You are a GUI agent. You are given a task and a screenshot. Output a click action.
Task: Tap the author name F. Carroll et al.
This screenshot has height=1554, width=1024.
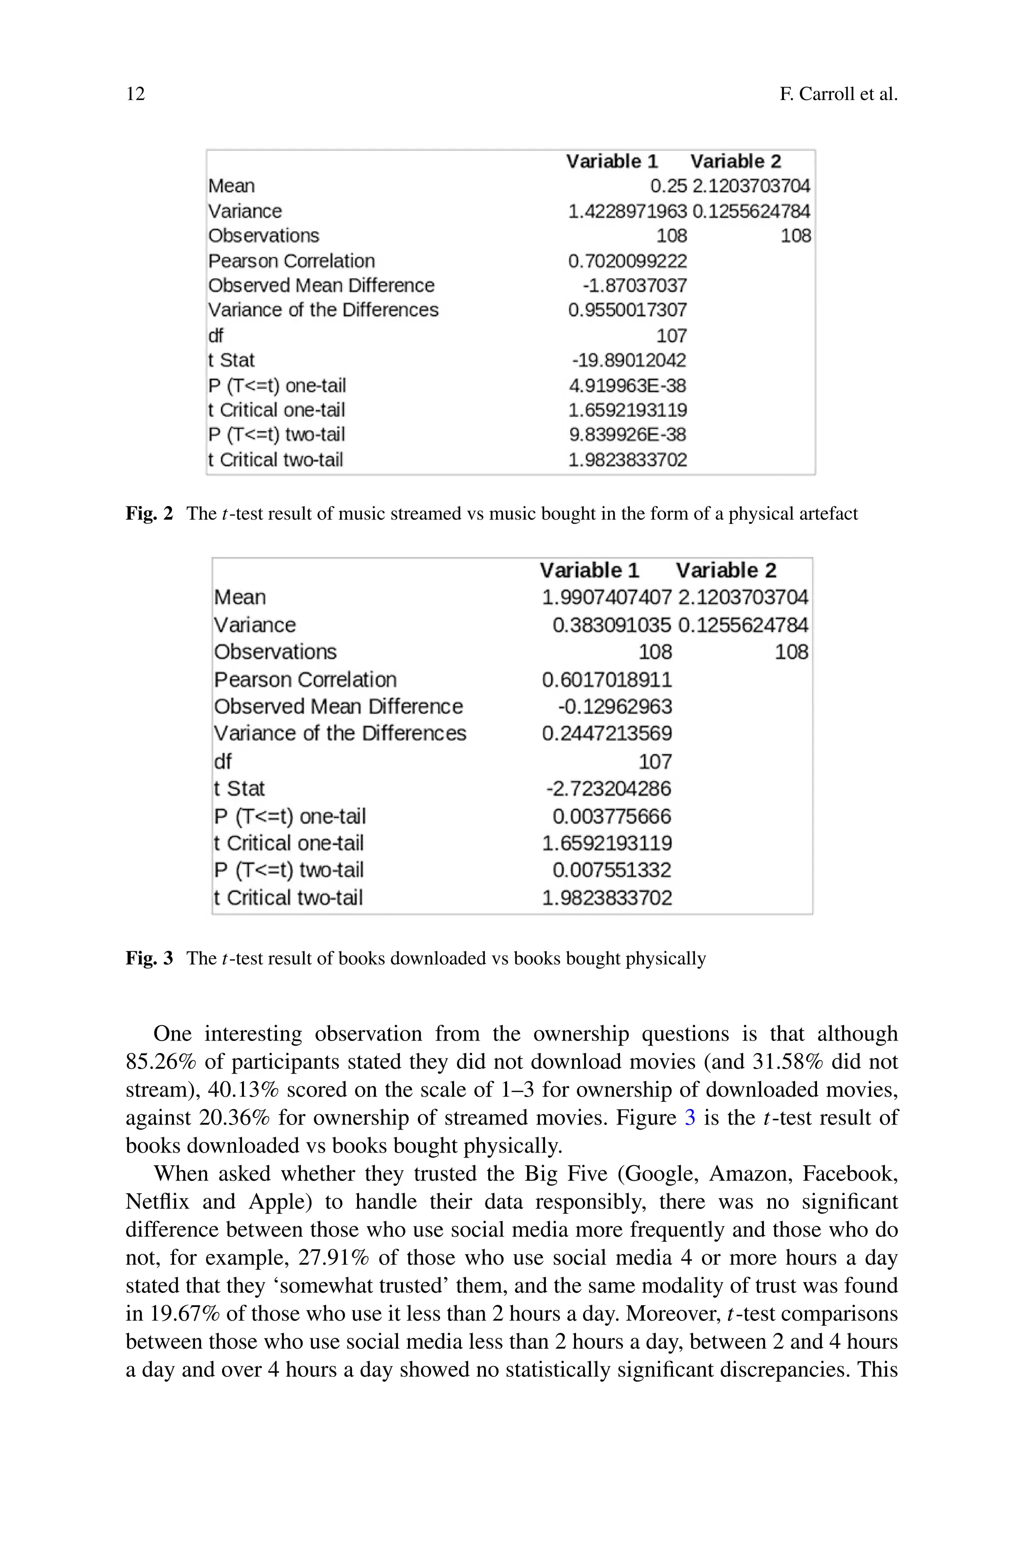pyautogui.click(x=838, y=94)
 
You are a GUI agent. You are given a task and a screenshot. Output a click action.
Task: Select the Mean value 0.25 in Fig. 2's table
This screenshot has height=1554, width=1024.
pyautogui.click(x=668, y=186)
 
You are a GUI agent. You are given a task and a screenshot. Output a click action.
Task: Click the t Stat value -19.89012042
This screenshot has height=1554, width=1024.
pyautogui.click(x=628, y=360)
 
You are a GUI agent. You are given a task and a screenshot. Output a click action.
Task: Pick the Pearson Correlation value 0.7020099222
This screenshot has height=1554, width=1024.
pyautogui.click(x=627, y=261)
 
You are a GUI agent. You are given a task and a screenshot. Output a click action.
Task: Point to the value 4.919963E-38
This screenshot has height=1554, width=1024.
pyautogui.click(x=627, y=385)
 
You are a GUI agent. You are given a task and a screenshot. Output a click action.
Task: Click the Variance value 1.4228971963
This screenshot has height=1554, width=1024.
pyautogui.click(x=627, y=211)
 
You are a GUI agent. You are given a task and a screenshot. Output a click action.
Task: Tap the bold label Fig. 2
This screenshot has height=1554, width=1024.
pyautogui.click(x=149, y=513)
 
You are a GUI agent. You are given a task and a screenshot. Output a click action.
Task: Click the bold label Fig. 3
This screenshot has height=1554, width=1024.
pyautogui.click(x=149, y=958)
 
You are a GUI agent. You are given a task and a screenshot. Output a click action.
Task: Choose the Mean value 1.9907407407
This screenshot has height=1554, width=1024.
pyautogui.click(x=606, y=597)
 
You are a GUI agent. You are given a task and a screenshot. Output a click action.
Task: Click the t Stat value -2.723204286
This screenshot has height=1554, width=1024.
pyautogui.click(x=608, y=789)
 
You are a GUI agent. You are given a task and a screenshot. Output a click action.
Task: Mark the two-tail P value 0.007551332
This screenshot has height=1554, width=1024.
pyautogui.click(x=611, y=870)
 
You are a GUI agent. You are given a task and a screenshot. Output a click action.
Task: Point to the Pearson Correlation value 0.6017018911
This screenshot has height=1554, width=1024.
pyautogui.click(x=606, y=680)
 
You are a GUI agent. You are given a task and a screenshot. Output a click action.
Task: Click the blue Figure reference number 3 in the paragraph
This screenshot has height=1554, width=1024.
pyautogui.click(x=689, y=1118)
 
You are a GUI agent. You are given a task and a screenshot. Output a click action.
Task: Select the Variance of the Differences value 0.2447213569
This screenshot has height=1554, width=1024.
pyautogui.click(x=606, y=733)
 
